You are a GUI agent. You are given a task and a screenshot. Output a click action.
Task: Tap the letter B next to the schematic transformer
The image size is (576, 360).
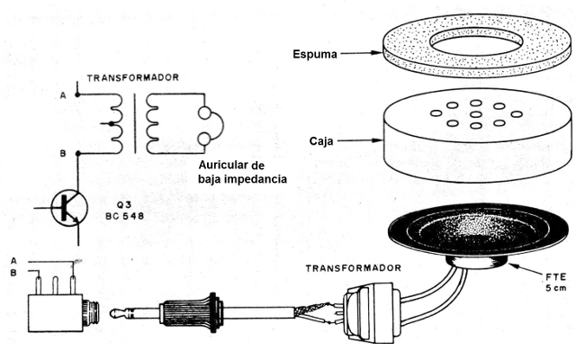(x=63, y=154)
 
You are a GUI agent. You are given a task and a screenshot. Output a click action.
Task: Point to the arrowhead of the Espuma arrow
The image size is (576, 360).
(x=376, y=54)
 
